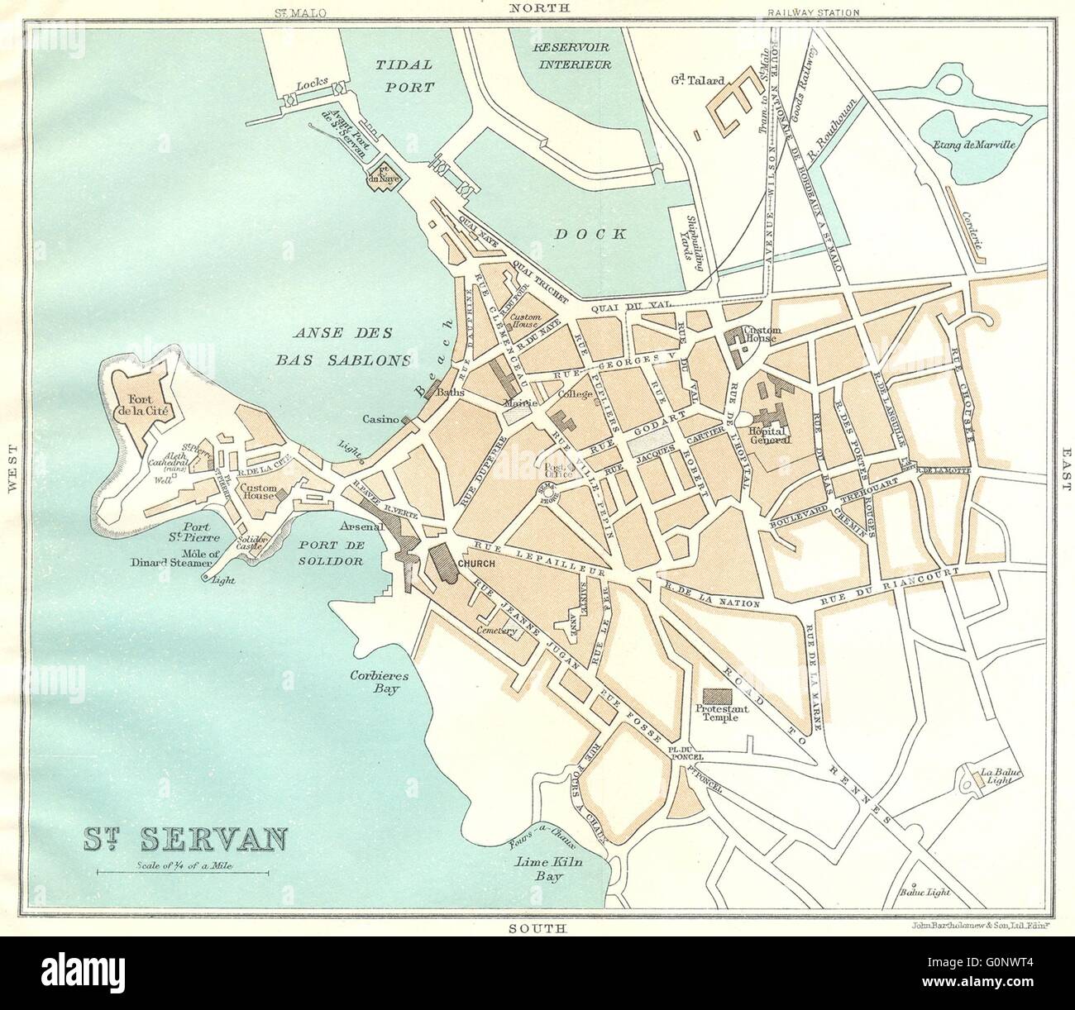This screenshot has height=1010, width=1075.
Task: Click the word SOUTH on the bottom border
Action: tap(536, 930)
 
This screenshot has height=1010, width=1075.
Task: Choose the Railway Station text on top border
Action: tap(814, 12)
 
